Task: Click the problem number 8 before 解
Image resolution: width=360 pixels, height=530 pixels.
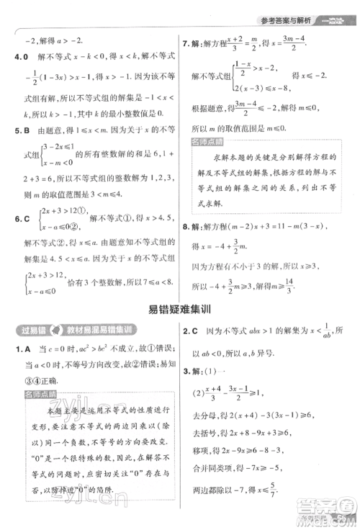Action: [x=186, y=247]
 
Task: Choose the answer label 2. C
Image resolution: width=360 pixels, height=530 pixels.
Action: [x=190, y=331]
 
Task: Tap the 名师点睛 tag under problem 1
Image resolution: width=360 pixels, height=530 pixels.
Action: [x=38, y=395]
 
